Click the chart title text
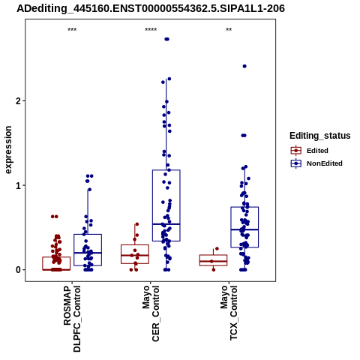(151, 9)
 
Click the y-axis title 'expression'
(8, 150)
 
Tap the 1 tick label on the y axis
(18, 185)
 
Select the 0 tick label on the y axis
(18, 270)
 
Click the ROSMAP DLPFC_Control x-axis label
(72, 319)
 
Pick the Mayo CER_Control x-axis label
(151, 313)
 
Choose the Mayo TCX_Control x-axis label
(229, 313)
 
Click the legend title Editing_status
(320, 136)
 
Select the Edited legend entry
(310, 151)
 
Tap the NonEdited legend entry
(316, 163)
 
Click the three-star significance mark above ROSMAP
(72, 30)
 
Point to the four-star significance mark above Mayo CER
(151, 30)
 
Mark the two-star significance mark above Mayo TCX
(229, 30)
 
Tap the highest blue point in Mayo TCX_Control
(244, 66)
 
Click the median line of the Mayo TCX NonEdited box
(244, 229)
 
